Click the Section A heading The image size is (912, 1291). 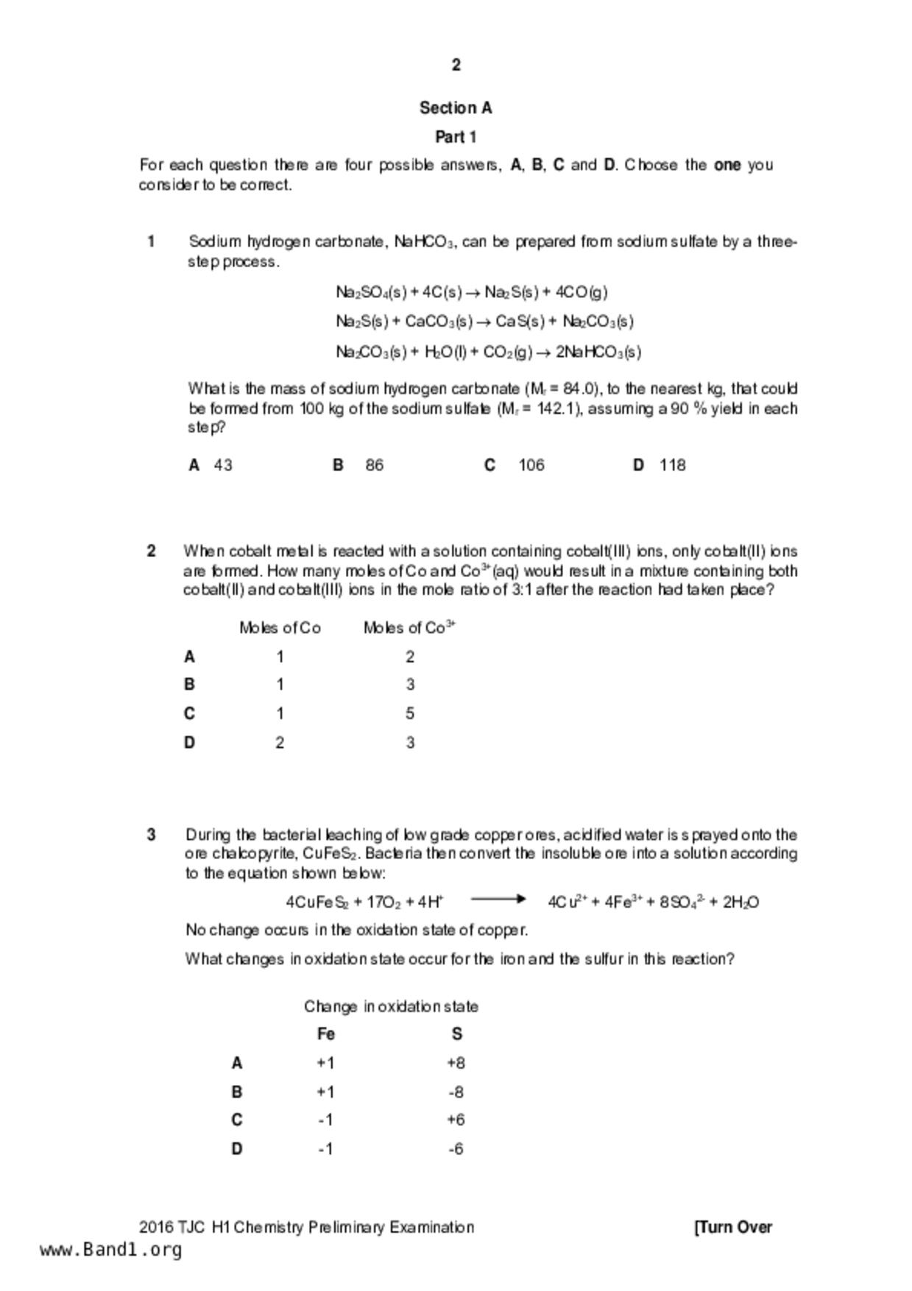click(456, 108)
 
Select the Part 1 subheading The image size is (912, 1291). click(456, 137)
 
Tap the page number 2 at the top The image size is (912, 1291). click(456, 66)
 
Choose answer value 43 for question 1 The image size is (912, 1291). click(223, 465)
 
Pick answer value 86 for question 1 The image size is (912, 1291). click(374, 465)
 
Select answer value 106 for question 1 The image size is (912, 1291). click(531, 465)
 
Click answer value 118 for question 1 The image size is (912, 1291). click(673, 465)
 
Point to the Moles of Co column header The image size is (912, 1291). click(280, 628)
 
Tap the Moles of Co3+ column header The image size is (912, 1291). click(409, 628)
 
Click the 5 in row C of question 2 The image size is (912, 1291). click(410, 713)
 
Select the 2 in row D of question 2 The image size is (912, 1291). click(280, 743)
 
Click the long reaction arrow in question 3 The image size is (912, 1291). click(498, 899)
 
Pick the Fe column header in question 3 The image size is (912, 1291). click(326, 1034)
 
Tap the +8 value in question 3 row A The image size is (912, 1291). click(456, 1063)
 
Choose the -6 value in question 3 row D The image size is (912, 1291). click(456, 1149)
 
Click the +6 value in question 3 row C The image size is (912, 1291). click(456, 1120)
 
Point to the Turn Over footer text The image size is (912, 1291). click(733, 1227)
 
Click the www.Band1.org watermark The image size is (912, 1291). click(110, 1250)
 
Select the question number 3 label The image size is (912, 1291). click(151, 835)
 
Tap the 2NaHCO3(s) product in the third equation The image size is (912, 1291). click(598, 352)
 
